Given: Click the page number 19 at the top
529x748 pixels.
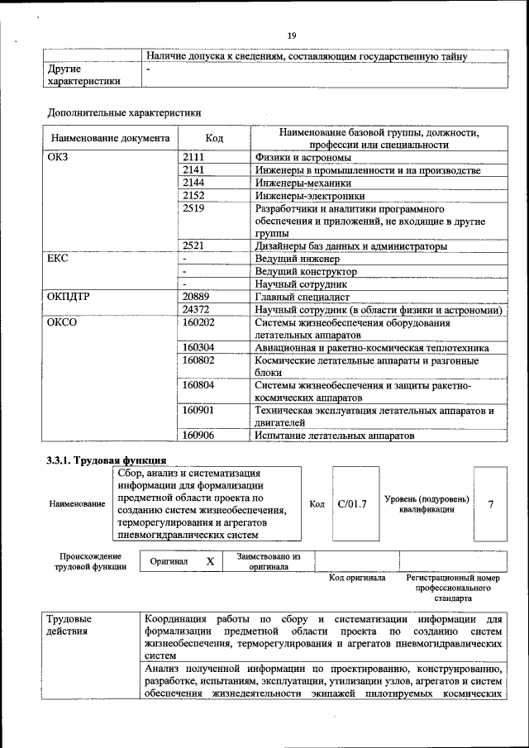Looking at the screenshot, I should coord(291,35).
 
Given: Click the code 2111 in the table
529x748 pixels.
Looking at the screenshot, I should coord(193,157).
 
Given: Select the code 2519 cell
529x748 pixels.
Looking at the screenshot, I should coord(193,209).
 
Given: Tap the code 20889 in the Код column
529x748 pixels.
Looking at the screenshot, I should coord(195,296).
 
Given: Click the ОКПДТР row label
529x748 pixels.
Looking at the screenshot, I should coord(70,296).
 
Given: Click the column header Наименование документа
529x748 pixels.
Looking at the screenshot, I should coord(110,138).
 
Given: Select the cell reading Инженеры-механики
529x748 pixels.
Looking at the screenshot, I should coord(303,183).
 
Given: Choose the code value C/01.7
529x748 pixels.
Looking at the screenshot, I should coord(352,503).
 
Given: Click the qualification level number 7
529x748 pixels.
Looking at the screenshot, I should coord(490,503).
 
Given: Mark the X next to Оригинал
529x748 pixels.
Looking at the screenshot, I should coord(210,561).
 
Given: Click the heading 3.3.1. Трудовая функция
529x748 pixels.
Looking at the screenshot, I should coord(107,460).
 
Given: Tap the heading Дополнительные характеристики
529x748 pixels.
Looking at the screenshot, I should coord(124,112).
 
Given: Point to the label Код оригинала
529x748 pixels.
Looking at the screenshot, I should coord(357,578).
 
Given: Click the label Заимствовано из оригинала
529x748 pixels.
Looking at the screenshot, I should coord(268,561).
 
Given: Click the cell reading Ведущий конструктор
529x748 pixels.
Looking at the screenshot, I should coord(306,271).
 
